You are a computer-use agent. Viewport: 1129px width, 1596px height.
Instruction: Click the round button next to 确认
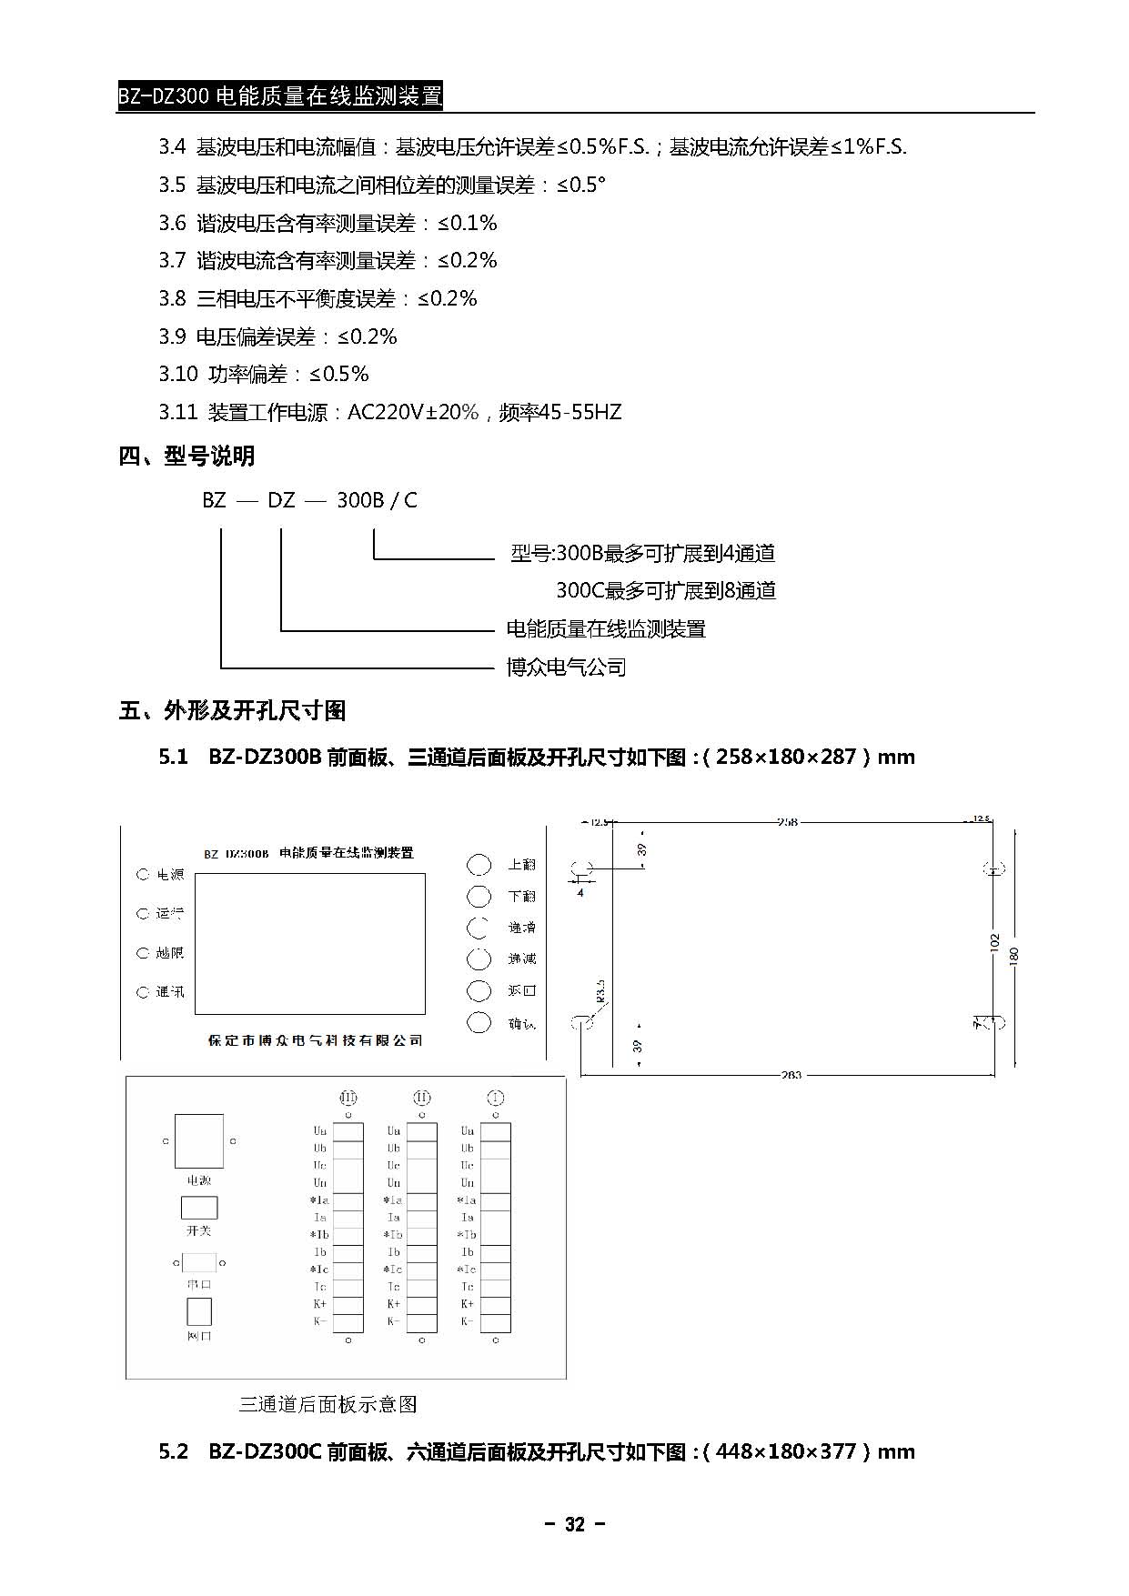(x=479, y=1022)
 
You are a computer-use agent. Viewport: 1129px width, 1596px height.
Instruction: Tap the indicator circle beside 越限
(x=143, y=953)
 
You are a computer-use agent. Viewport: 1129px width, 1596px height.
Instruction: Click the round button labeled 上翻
(x=479, y=864)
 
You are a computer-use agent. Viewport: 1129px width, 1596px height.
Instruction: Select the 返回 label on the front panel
(x=522, y=990)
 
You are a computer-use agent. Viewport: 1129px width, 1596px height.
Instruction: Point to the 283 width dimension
(x=791, y=1075)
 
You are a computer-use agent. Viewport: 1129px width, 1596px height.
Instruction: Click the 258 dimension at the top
(x=787, y=821)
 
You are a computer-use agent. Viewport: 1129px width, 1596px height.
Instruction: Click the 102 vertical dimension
(x=994, y=942)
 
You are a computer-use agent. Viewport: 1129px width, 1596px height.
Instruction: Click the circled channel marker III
(x=348, y=1098)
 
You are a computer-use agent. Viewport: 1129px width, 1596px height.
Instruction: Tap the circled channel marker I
(x=496, y=1098)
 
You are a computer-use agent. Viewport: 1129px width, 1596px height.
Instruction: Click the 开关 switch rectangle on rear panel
(x=199, y=1208)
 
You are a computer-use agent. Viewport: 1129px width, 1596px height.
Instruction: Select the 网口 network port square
(x=199, y=1311)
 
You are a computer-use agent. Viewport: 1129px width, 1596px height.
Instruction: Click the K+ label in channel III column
(x=319, y=1304)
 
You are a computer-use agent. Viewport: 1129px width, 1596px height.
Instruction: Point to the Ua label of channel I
(x=467, y=1131)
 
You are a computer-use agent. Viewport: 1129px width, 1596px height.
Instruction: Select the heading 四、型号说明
(x=186, y=456)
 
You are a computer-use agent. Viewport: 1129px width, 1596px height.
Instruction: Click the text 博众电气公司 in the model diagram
(x=566, y=668)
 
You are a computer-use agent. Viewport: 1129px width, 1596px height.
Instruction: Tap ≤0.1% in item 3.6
(x=468, y=223)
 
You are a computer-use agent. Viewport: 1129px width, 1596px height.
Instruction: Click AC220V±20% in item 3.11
(x=413, y=412)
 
